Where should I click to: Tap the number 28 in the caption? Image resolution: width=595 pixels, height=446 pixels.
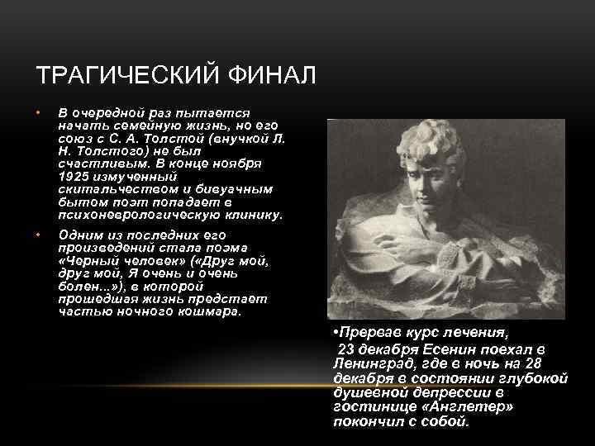point(559,363)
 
